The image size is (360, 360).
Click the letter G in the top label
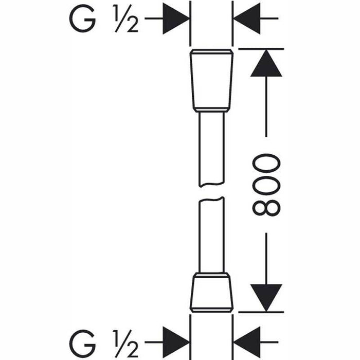[x=82, y=19]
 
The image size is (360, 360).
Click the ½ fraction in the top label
[x=125, y=19]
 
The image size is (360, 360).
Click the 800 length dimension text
[x=266, y=185]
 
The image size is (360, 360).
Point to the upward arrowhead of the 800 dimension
[x=266, y=63]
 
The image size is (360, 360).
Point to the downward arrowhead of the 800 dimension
[x=266, y=298]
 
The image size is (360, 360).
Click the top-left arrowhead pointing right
[x=176, y=19]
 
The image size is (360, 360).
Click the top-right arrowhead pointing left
[x=247, y=19]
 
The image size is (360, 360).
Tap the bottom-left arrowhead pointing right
[x=176, y=342]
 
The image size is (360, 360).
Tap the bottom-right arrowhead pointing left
[x=247, y=342]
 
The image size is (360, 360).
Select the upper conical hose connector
[x=211, y=81]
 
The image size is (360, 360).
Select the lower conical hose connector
[x=211, y=292]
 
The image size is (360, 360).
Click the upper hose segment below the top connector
[x=211, y=149]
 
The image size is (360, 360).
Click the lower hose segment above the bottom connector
[x=211, y=235]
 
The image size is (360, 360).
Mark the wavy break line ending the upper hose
[x=211, y=184]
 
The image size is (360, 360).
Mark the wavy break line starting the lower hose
[x=211, y=200]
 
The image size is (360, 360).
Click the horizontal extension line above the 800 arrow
[x=261, y=49]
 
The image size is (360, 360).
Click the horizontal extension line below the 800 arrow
[x=261, y=312]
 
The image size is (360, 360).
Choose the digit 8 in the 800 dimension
[x=266, y=208]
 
